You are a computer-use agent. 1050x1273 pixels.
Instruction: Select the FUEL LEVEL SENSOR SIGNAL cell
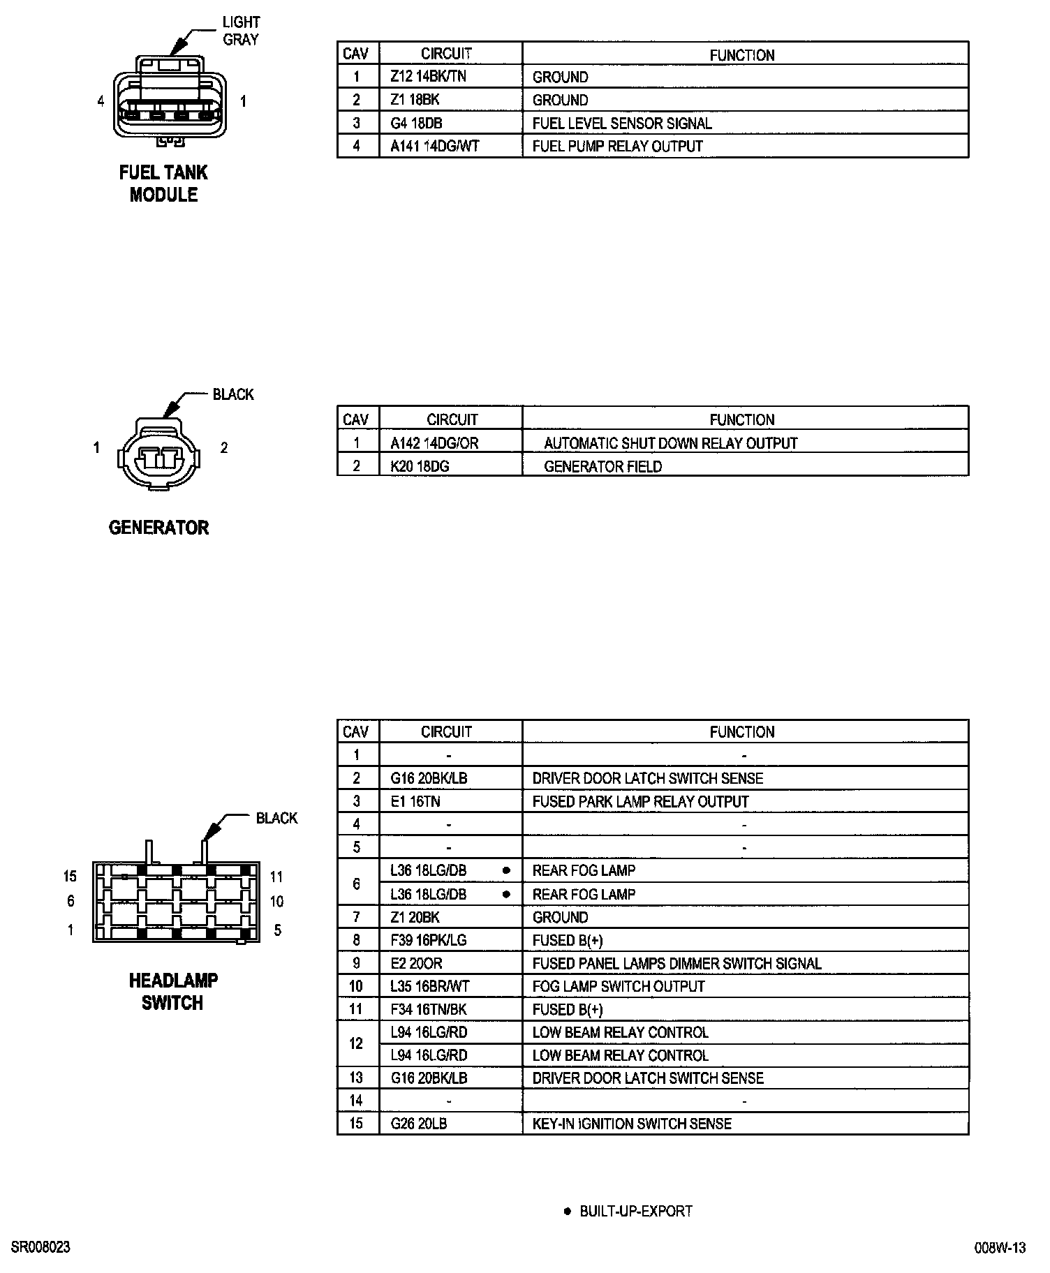point(622,124)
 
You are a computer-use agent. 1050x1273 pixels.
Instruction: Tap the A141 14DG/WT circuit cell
point(435,147)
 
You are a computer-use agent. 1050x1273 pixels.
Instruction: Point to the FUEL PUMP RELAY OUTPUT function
point(617,147)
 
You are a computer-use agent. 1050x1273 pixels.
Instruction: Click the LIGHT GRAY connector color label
point(241,31)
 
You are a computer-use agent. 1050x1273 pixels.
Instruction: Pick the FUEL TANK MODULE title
point(163,184)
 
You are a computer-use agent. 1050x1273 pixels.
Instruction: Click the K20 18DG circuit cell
point(420,466)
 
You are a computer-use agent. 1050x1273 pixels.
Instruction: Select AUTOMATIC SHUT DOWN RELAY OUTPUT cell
point(670,443)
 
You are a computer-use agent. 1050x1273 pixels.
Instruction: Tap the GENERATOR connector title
point(158,528)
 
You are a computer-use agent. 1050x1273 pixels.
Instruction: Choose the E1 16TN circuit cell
point(415,801)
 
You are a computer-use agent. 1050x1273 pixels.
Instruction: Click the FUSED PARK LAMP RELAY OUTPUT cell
point(640,801)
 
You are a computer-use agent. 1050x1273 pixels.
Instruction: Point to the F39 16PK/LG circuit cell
point(428,940)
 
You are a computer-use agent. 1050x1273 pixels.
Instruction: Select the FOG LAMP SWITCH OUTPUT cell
point(619,986)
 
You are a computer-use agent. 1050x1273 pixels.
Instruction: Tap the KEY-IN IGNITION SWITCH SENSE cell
point(632,1124)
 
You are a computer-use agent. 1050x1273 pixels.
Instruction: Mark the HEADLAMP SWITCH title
point(173,992)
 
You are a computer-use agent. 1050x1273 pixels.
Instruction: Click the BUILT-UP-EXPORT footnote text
point(635,1211)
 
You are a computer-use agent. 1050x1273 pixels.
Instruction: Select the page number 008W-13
point(1000,1248)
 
